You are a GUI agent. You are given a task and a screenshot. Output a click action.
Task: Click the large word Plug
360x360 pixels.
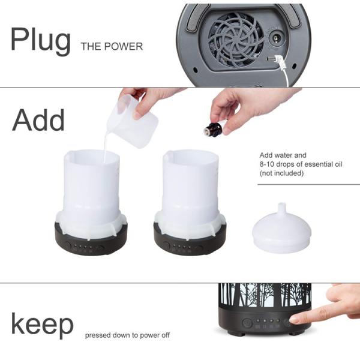40,41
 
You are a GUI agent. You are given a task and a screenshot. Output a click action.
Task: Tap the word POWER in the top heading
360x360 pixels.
123,46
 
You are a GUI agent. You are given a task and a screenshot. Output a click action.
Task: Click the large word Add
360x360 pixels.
38,120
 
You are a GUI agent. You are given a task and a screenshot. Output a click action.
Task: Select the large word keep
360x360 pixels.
42,325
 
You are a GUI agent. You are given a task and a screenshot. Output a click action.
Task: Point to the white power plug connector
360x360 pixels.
275,59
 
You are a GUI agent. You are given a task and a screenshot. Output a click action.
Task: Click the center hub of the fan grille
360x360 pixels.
235,40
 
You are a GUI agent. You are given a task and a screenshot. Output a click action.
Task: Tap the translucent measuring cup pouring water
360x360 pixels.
132,119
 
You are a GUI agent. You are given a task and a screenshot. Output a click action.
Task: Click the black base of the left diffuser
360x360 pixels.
91,242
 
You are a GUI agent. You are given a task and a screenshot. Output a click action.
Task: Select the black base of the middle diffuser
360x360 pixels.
190,242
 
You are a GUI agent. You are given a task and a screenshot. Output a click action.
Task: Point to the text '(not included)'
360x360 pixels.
281,173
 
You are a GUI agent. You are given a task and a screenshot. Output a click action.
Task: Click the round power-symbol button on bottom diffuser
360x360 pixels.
247,323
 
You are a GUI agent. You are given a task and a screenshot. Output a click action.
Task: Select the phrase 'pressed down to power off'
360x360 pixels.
127,335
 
